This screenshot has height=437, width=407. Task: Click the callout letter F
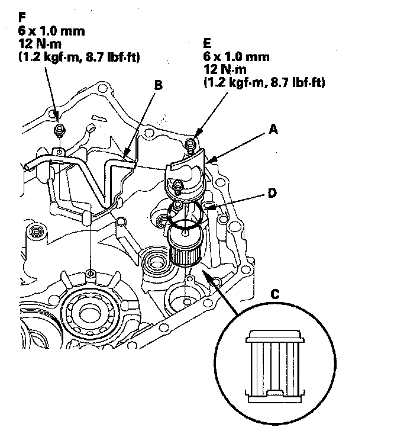point(22,17)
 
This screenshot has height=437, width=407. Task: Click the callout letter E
point(208,43)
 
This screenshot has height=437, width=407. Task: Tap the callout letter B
point(158,85)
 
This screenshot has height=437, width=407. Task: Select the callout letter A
point(273,129)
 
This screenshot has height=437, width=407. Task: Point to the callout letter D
point(272,193)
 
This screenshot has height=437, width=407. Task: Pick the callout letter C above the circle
point(274,294)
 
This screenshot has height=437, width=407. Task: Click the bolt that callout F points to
point(59,130)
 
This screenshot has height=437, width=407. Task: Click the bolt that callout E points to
point(190,144)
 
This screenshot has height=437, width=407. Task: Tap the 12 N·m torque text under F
point(40,44)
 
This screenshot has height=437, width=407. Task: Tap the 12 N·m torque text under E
point(225,69)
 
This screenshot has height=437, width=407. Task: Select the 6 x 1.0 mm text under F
point(51,31)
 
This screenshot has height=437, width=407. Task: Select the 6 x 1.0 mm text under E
point(237,57)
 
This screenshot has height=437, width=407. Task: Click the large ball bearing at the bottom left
point(90,313)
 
